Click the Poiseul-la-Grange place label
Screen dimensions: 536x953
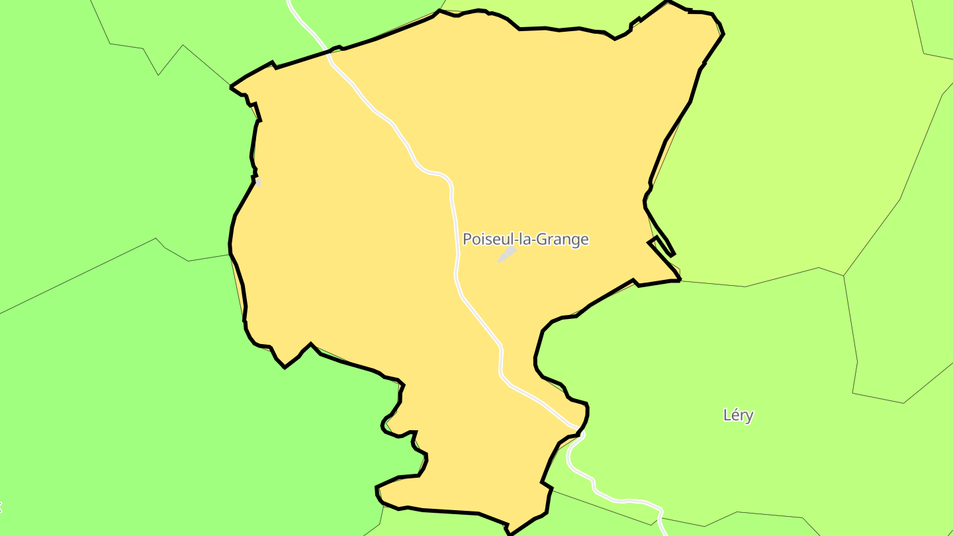click(x=525, y=240)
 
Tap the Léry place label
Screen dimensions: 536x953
click(x=738, y=416)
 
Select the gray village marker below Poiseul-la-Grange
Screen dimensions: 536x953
click(x=507, y=254)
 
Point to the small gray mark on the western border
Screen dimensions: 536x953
click(x=257, y=182)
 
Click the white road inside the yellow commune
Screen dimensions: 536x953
click(x=454, y=218)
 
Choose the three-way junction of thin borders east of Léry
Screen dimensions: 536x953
click(x=844, y=275)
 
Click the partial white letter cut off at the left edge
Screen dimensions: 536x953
click(x=1, y=508)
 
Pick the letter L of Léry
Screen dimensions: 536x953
click(x=727, y=416)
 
